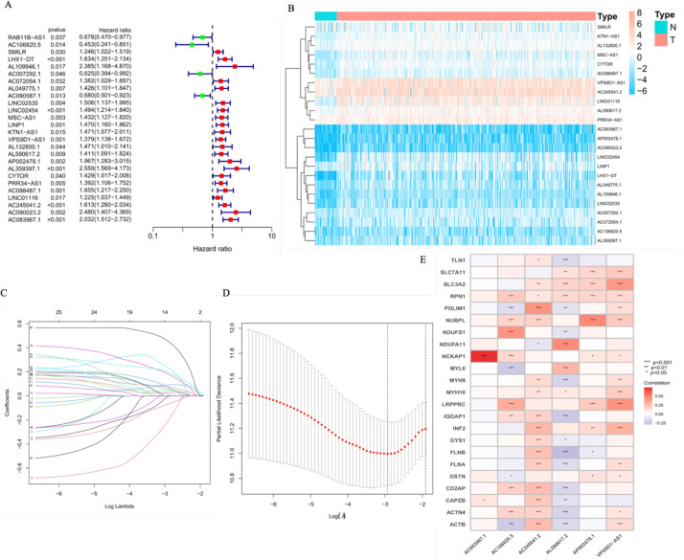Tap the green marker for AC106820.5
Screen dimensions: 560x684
coord(192,44)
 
